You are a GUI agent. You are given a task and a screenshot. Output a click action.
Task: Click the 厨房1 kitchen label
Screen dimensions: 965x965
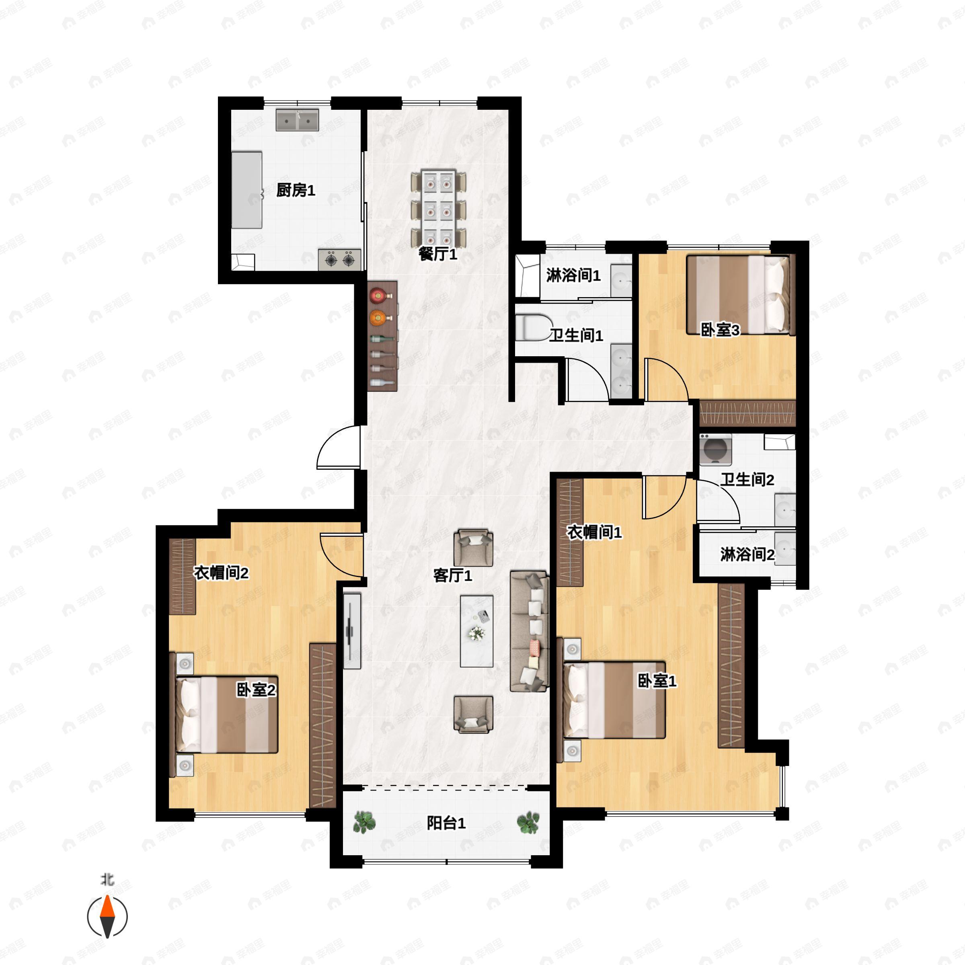pyautogui.click(x=296, y=190)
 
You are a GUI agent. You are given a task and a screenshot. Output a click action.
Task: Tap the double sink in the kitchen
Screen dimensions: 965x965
pyautogui.click(x=297, y=120)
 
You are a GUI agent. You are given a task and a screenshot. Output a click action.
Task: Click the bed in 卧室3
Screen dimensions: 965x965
pyautogui.click(x=739, y=295)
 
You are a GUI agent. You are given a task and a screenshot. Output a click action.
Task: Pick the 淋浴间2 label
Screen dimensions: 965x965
pyautogui.click(x=747, y=554)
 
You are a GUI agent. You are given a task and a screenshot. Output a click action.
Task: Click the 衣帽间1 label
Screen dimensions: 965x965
pyautogui.click(x=594, y=532)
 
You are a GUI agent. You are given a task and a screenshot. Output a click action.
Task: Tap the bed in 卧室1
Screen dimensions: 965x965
pyautogui.click(x=614, y=700)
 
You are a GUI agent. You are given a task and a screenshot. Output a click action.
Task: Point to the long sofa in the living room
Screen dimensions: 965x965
pyautogui.click(x=530, y=631)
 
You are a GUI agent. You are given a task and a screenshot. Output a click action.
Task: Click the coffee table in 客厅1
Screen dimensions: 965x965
pyautogui.click(x=476, y=631)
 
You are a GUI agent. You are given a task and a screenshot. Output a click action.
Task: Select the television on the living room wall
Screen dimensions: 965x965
pyautogui.click(x=352, y=631)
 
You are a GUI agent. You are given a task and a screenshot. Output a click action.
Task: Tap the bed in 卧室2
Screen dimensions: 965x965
pyautogui.click(x=227, y=715)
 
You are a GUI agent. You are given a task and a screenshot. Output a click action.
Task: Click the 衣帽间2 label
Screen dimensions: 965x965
pyautogui.click(x=221, y=573)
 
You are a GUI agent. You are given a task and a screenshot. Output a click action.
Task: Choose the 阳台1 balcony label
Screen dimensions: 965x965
pyautogui.click(x=446, y=823)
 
